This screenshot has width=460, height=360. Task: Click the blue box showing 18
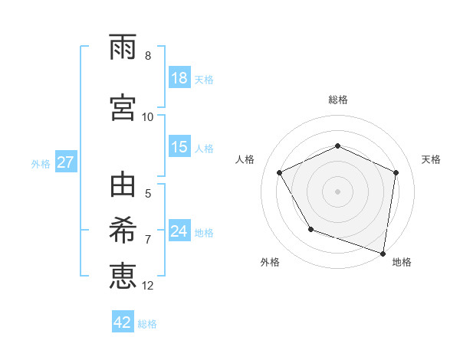[x=179, y=78]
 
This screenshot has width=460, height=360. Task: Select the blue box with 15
[x=179, y=147]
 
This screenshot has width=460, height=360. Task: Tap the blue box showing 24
[x=179, y=231]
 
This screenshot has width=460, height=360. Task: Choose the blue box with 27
[x=65, y=162]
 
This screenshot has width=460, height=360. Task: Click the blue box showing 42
[x=123, y=322]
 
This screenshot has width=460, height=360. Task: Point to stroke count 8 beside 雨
[x=148, y=56]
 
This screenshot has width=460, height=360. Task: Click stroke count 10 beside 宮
[x=148, y=116]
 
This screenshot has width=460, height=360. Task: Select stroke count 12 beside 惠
[x=148, y=286]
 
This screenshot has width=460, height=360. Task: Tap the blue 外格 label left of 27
[x=41, y=163]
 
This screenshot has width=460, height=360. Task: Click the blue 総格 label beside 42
[x=147, y=323]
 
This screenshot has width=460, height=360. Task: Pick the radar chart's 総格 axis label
[x=338, y=100]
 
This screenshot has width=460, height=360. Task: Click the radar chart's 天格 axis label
[x=432, y=159]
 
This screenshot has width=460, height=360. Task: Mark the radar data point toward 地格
[x=383, y=253]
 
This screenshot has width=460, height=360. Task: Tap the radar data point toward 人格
[x=280, y=172]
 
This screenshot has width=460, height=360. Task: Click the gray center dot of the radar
[x=338, y=191]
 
